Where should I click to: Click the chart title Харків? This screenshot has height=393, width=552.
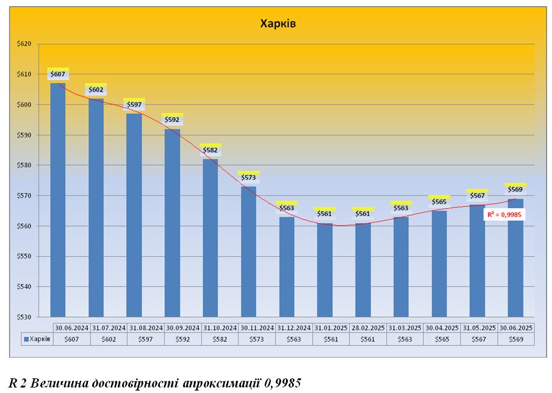click(278, 24)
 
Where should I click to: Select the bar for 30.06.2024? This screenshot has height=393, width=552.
click(58, 201)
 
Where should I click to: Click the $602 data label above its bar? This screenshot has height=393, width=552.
click(96, 90)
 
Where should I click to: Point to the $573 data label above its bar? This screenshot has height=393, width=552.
click(248, 177)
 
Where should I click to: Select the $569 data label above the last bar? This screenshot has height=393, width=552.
click(515, 189)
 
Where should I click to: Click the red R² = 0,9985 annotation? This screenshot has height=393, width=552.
click(503, 215)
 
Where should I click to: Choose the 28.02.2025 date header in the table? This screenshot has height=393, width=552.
click(367, 328)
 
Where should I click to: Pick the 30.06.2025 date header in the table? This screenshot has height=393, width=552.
click(517, 328)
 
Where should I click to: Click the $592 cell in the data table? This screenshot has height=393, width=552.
click(183, 339)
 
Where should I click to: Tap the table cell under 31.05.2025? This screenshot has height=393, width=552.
click(479, 339)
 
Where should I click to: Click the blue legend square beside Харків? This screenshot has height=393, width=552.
click(26, 339)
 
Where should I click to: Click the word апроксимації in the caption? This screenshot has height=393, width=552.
click(226, 383)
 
